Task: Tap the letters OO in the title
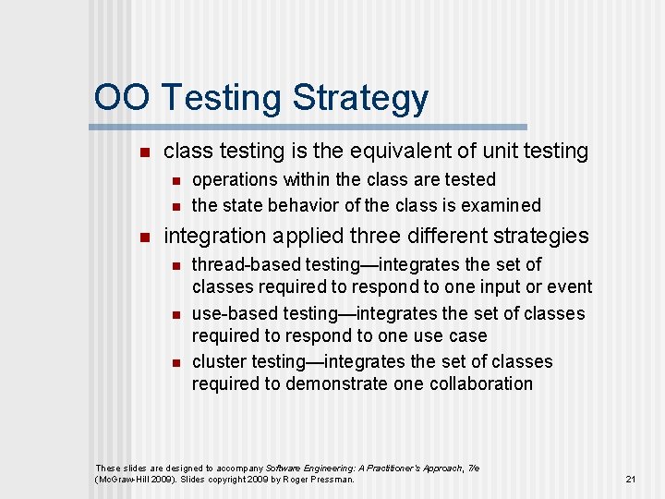pyautogui.click(x=124, y=97)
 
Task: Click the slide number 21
pyautogui.click(x=631, y=479)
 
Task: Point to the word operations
pyautogui.click(x=235, y=179)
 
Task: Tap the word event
pyautogui.click(x=569, y=287)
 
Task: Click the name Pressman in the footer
pyautogui.click(x=331, y=480)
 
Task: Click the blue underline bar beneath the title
pyautogui.click(x=309, y=127)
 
